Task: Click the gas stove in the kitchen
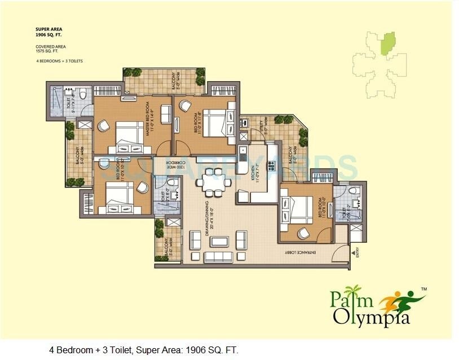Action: pyautogui.click(x=271, y=166)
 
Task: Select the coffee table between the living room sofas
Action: pyautogui.click(x=219, y=242)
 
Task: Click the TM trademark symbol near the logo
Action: pyautogui.click(x=424, y=288)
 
